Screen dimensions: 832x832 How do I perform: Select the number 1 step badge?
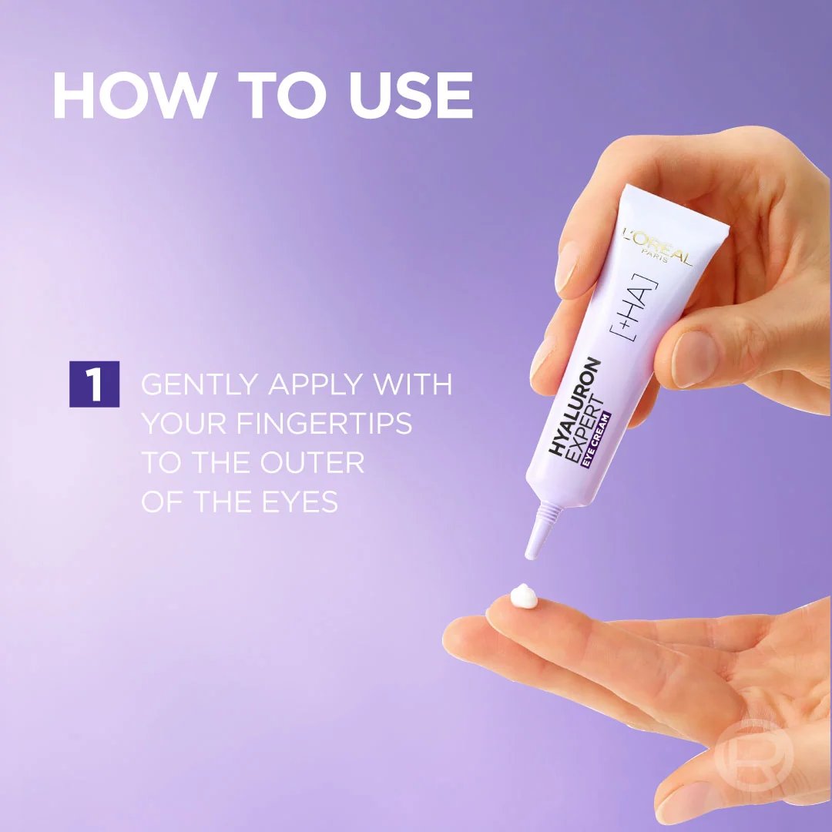tap(95, 384)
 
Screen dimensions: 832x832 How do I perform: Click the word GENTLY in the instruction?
tap(200, 384)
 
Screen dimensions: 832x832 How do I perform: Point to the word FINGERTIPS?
tap(324, 424)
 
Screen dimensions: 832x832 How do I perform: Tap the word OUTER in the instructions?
tap(312, 462)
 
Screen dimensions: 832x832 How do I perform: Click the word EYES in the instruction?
tap(300, 502)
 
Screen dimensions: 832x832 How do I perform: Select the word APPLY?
tap(316, 384)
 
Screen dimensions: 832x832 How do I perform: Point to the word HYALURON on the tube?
tap(574, 406)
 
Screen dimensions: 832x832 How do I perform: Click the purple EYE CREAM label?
tap(596, 440)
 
